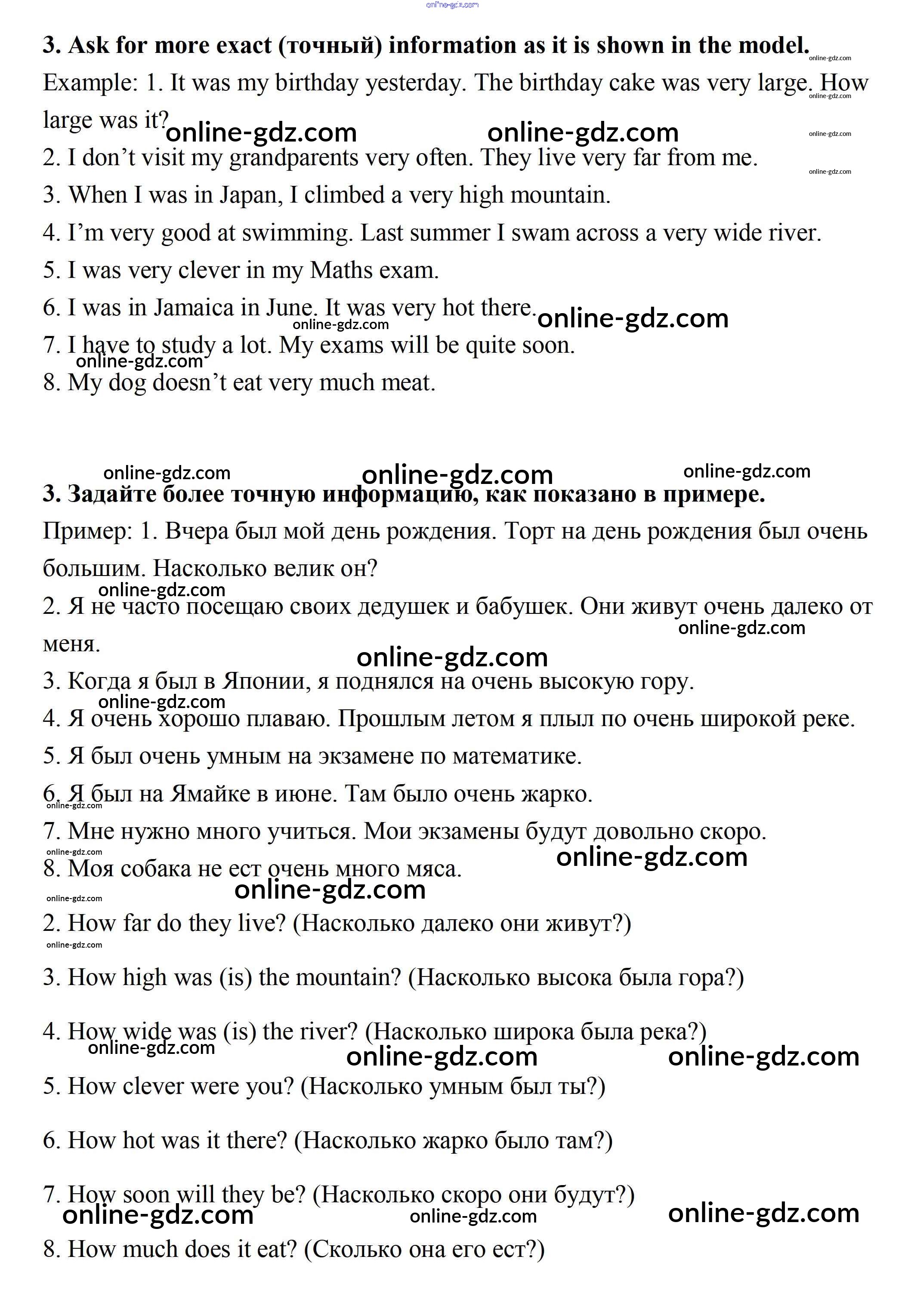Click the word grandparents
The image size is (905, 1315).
point(293,159)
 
